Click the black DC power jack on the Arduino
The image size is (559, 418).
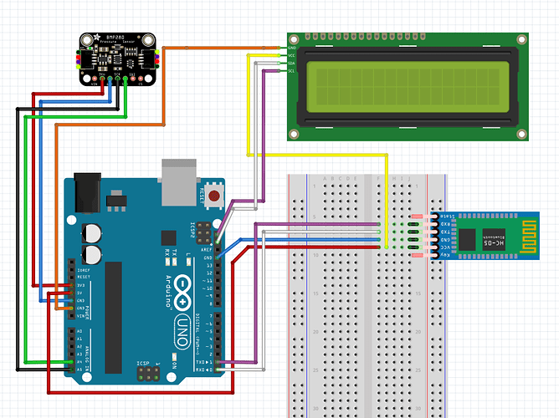(x=87, y=193)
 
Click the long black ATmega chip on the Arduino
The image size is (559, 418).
(x=113, y=310)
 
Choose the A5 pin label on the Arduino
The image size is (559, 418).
(x=79, y=369)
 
